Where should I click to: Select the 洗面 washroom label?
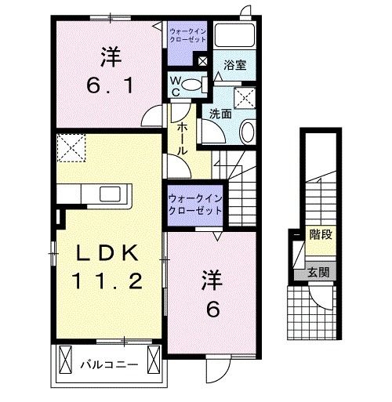click(220, 113)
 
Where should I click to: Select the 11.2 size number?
click(108, 281)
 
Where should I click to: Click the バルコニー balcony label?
click(109, 364)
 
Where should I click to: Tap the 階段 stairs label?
click(318, 234)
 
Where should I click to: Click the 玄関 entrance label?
click(318, 273)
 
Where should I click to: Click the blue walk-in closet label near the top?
click(188, 34)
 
